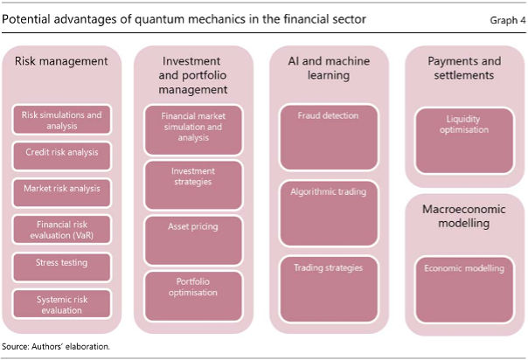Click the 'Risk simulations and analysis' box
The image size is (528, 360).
[61, 120]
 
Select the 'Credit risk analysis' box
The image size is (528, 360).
[61, 156]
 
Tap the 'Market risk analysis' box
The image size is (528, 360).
[61, 193]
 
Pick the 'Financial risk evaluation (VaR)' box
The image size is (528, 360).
[61, 230]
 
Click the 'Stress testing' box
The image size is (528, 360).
[61, 267]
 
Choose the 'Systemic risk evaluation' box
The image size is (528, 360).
[61, 304]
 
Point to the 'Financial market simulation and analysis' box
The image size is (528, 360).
[193, 130]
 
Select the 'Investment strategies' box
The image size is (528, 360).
[193, 185]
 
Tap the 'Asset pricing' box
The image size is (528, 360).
[193, 240]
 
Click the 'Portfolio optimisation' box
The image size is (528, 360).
[193, 296]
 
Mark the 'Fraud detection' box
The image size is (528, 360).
[329, 137]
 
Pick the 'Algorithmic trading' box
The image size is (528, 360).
[329, 214]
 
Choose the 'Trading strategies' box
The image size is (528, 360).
[329, 290]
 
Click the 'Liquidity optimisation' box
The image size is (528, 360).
[464, 141]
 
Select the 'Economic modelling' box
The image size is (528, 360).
[464, 290]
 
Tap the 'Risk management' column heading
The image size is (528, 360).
[61, 61]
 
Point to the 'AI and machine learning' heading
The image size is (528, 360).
[329, 68]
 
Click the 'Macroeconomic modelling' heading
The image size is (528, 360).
[464, 216]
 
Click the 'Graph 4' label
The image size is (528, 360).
[508, 20]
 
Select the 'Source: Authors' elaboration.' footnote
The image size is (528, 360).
[56, 346]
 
